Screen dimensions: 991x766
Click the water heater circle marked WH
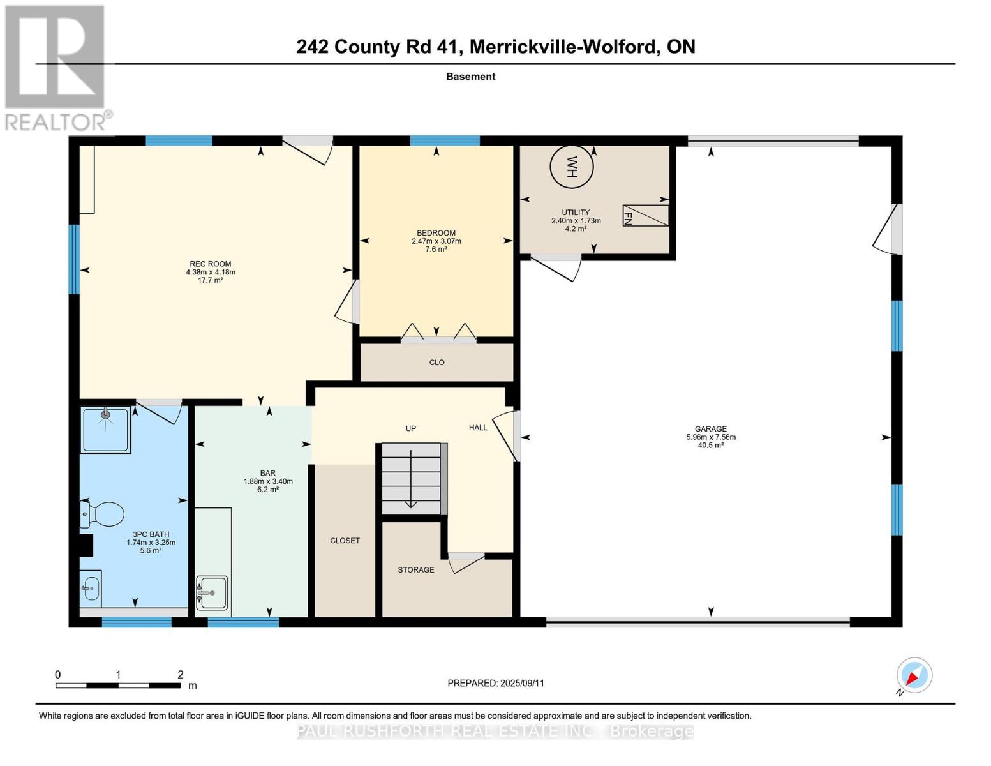[x=571, y=167]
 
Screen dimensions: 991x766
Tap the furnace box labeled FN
[x=645, y=215]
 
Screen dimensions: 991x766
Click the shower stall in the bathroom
[x=106, y=430]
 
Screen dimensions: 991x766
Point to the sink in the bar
[x=212, y=592]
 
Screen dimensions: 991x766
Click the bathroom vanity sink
[x=91, y=589]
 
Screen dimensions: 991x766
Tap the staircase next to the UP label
[x=412, y=479]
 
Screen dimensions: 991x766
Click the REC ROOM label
[x=210, y=264]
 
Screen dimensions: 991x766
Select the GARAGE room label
[x=710, y=428]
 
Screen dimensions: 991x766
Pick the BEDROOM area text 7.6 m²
[x=436, y=249]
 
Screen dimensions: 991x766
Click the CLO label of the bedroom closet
[x=436, y=362]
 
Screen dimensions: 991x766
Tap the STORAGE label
[x=415, y=569]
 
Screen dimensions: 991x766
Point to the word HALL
[x=478, y=427]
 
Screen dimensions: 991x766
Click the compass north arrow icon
[x=914, y=675]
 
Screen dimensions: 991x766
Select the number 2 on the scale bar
[x=181, y=674]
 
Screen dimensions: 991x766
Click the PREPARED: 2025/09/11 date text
[x=496, y=683]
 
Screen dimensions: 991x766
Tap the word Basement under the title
[x=471, y=76]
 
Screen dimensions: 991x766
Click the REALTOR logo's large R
[x=55, y=57]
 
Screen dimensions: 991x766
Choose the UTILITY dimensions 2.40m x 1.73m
[x=576, y=220]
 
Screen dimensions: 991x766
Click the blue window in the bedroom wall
[x=445, y=140]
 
